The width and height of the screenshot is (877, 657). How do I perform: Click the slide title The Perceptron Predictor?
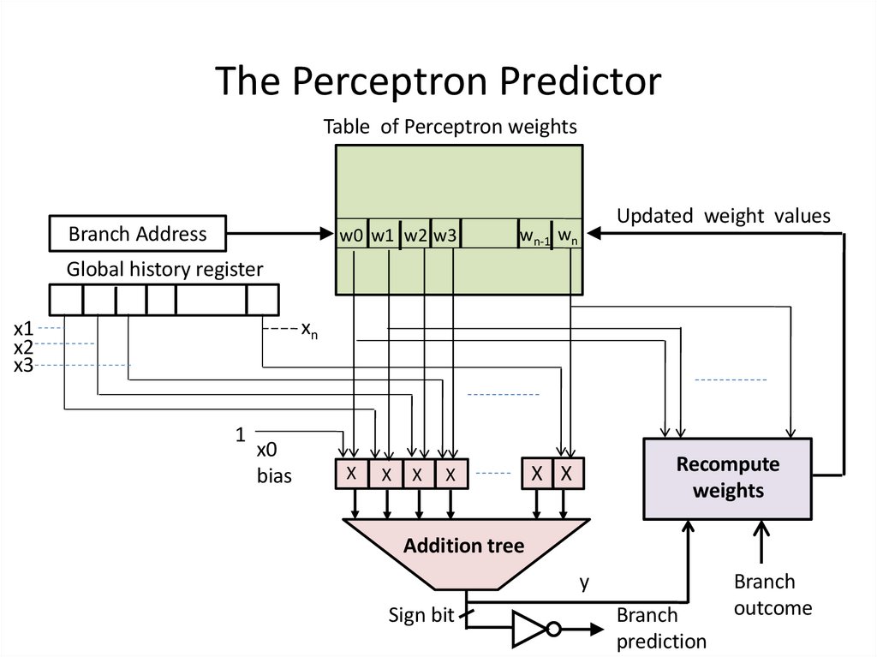click(438, 81)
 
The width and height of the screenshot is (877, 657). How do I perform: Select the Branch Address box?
click(138, 234)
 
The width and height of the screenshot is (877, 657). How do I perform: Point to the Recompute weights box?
click(727, 478)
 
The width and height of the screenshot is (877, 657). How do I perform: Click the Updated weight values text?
click(724, 216)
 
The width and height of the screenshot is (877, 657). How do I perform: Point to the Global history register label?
click(165, 270)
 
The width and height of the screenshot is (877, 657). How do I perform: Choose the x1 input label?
click(23, 329)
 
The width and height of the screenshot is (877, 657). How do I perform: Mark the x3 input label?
click(23, 366)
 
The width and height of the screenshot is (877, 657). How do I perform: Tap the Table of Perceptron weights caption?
click(450, 127)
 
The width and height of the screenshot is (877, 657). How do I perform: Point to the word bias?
click(274, 475)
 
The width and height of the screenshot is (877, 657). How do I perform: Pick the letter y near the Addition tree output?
click(584, 583)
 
